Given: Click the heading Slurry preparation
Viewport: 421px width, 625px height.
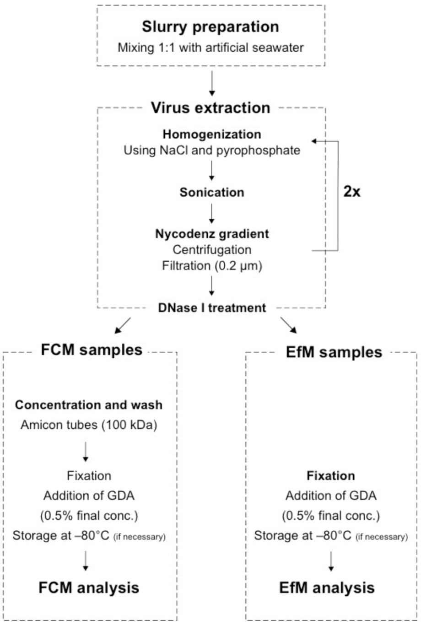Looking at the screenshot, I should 210,27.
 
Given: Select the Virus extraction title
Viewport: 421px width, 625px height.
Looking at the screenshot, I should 210,108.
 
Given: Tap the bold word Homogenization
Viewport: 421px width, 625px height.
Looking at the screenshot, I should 212,135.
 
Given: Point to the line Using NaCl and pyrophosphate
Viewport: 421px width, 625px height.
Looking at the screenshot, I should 212,150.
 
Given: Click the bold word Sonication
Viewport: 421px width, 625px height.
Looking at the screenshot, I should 212,192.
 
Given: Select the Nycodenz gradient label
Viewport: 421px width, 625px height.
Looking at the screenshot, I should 212,234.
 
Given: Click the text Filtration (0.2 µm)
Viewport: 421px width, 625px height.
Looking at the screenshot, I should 212,266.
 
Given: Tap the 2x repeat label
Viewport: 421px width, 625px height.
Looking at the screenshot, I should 352,192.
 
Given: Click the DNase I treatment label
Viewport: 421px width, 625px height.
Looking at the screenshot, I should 212,308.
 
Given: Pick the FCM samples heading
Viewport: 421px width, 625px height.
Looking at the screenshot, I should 92,350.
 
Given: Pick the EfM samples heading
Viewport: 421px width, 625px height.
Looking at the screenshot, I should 331,352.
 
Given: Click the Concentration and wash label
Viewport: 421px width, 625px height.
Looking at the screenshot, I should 89,405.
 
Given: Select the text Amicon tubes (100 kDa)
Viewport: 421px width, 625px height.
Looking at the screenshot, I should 89,425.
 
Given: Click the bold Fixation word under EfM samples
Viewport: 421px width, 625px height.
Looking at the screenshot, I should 331,476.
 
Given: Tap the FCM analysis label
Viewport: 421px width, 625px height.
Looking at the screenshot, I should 89,587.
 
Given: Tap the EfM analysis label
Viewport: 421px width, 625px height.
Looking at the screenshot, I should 327,587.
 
